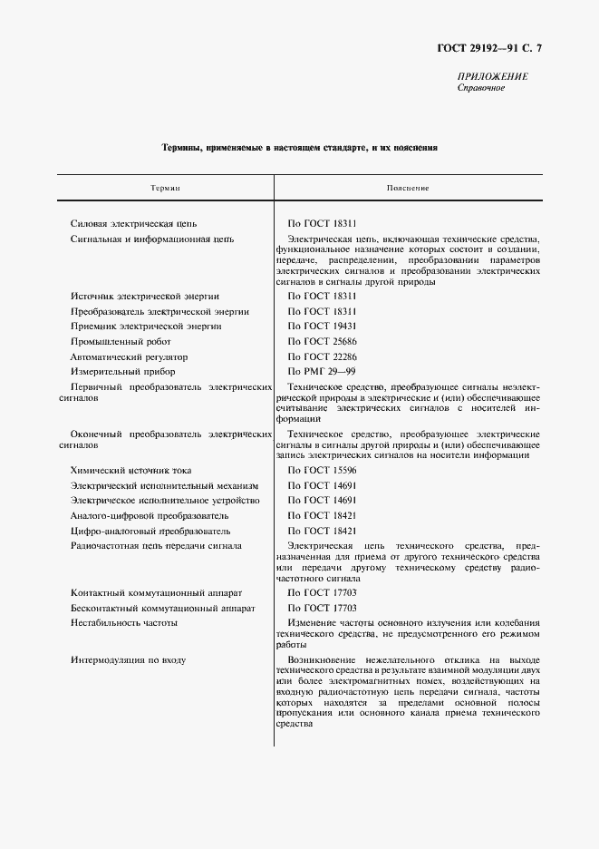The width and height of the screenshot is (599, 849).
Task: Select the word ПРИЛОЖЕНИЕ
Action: [x=493, y=77]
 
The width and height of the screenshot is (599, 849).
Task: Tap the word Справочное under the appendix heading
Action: [x=481, y=89]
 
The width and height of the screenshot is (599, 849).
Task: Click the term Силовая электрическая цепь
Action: [x=133, y=223]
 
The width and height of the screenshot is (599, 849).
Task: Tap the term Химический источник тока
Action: [x=130, y=470]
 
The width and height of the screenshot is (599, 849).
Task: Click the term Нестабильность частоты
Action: [x=123, y=623]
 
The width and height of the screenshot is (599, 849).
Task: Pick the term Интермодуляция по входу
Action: [x=128, y=659]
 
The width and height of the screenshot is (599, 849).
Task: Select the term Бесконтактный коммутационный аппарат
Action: [x=163, y=608]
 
